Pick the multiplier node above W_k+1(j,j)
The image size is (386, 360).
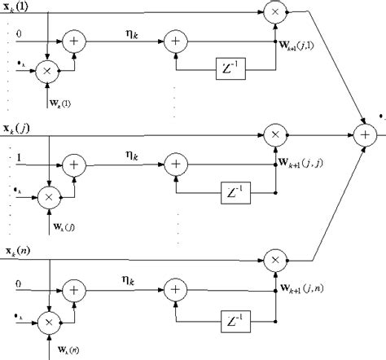[x=274, y=131]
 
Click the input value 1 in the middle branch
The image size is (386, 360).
[x=19, y=157]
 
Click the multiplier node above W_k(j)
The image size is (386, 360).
[x=50, y=195]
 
